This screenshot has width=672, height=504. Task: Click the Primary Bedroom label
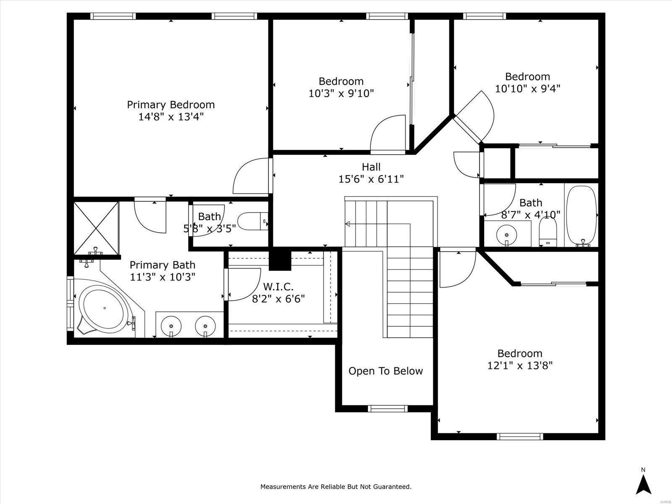pos(171,105)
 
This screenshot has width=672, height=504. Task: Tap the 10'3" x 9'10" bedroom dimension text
pos(341,93)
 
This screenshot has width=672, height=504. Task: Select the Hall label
pos(371,167)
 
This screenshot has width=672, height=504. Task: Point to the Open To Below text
pos(386,371)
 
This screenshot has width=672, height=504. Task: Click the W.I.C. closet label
pos(278,287)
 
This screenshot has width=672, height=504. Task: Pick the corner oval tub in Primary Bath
pos(105,309)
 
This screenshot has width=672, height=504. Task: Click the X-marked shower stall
pos(96,228)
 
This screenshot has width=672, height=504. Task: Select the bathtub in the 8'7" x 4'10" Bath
pos(581,216)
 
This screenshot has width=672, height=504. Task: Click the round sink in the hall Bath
pos(507,235)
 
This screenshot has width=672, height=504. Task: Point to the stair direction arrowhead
pos(347,224)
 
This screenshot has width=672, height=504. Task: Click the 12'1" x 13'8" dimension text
pos(520,365)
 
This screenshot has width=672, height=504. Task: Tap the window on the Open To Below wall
pos(388,409)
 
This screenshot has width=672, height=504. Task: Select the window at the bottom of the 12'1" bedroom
pos(520,436)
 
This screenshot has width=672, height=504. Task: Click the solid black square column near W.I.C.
pos(280,259)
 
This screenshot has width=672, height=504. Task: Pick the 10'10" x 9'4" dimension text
pos(528,89)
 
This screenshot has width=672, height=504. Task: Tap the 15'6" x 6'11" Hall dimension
pos(371,179)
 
